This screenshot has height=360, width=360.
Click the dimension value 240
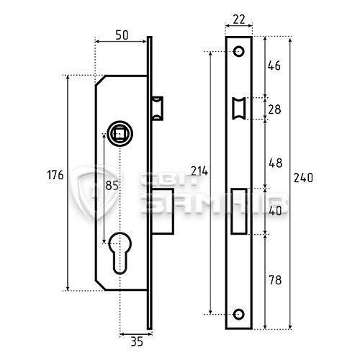pyautogui.click(x=303, y=178)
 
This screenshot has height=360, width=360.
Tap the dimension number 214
pyautogui.click(x=199, y=171)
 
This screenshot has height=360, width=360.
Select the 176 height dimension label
pyautogui.click(x=55, y=175)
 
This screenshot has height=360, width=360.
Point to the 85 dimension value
pyautogui.click(x=112, y=185)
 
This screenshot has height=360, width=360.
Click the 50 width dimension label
pyautogui.click(x=122, y=35)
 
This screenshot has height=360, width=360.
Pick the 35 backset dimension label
pyautogui.click(x=137, y=341)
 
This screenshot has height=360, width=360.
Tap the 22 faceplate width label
pyautogui.click(x=239, y=19)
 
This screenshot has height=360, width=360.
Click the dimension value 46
pyautogui.click(x=274, y=66)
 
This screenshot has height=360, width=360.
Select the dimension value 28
pyautogui.click(x=274, y=109)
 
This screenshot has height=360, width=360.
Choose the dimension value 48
pyautogui.click(x=276, y=163)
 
